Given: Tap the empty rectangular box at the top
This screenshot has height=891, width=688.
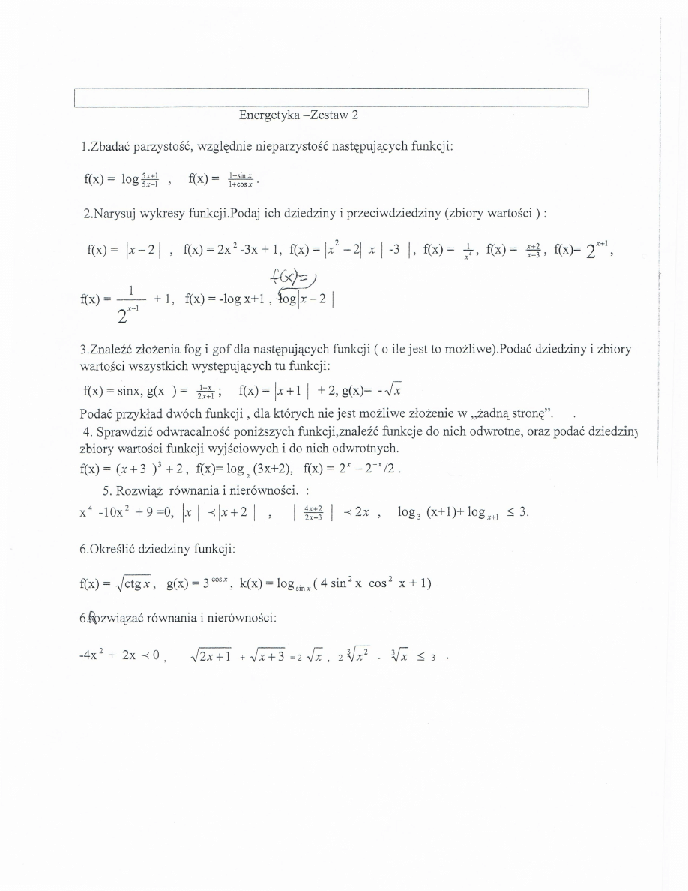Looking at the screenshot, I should [x=331, y=98].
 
